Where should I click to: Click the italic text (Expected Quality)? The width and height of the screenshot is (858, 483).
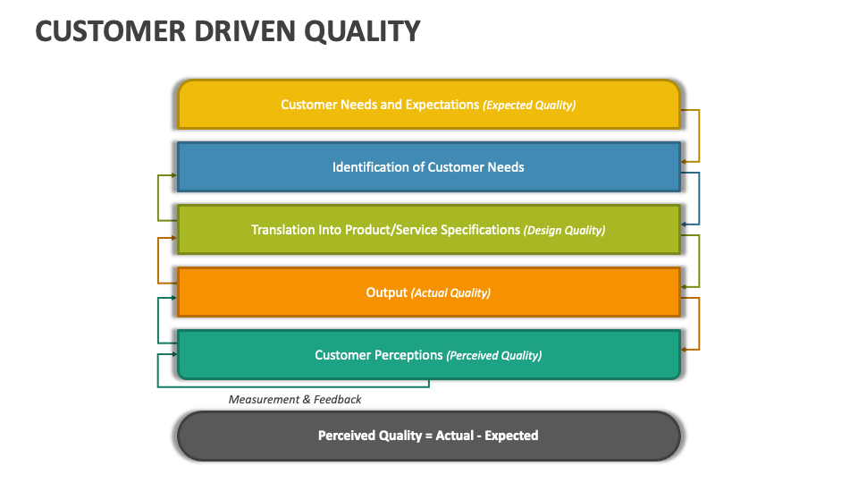coord(529,105)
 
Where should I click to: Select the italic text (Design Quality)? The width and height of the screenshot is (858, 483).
coord(564,230)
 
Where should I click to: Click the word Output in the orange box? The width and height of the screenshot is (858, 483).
coord(386,292)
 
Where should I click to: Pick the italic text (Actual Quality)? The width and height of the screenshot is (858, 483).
coord(450,292)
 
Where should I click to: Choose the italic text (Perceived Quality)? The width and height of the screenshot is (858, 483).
coord(493,355)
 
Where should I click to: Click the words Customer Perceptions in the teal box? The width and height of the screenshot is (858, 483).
coord(378,355)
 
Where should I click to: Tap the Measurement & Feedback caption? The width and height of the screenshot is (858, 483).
coord(295,399)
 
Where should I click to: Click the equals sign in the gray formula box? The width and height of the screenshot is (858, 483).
coord(427,436)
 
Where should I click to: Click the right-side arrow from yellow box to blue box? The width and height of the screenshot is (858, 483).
coord(698,135)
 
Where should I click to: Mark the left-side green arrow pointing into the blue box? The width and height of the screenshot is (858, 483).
coord(159,198)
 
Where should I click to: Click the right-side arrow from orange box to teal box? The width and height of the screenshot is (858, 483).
coord(698,323)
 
